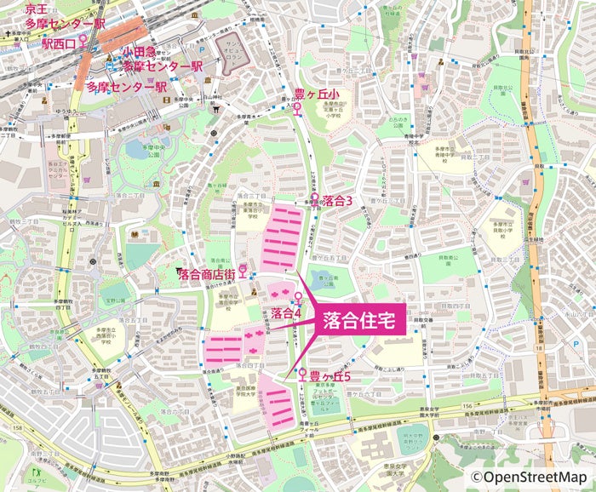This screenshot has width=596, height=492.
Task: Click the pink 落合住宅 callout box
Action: pos(357,321)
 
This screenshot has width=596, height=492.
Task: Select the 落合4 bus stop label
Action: pos(287,313)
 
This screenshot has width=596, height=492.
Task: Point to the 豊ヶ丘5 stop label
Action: pos(330,375)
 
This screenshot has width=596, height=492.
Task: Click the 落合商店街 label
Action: pos(208,274)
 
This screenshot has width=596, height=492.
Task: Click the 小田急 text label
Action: pos(137,52)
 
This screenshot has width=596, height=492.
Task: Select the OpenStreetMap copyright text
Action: pos(530,478)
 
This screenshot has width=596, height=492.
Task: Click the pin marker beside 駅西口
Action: pos(83,41)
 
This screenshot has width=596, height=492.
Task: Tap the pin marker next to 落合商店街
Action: pos(243,272)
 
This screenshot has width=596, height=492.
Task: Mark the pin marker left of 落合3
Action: pos(314,200)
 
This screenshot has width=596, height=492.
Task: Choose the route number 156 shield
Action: pos(467,407)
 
